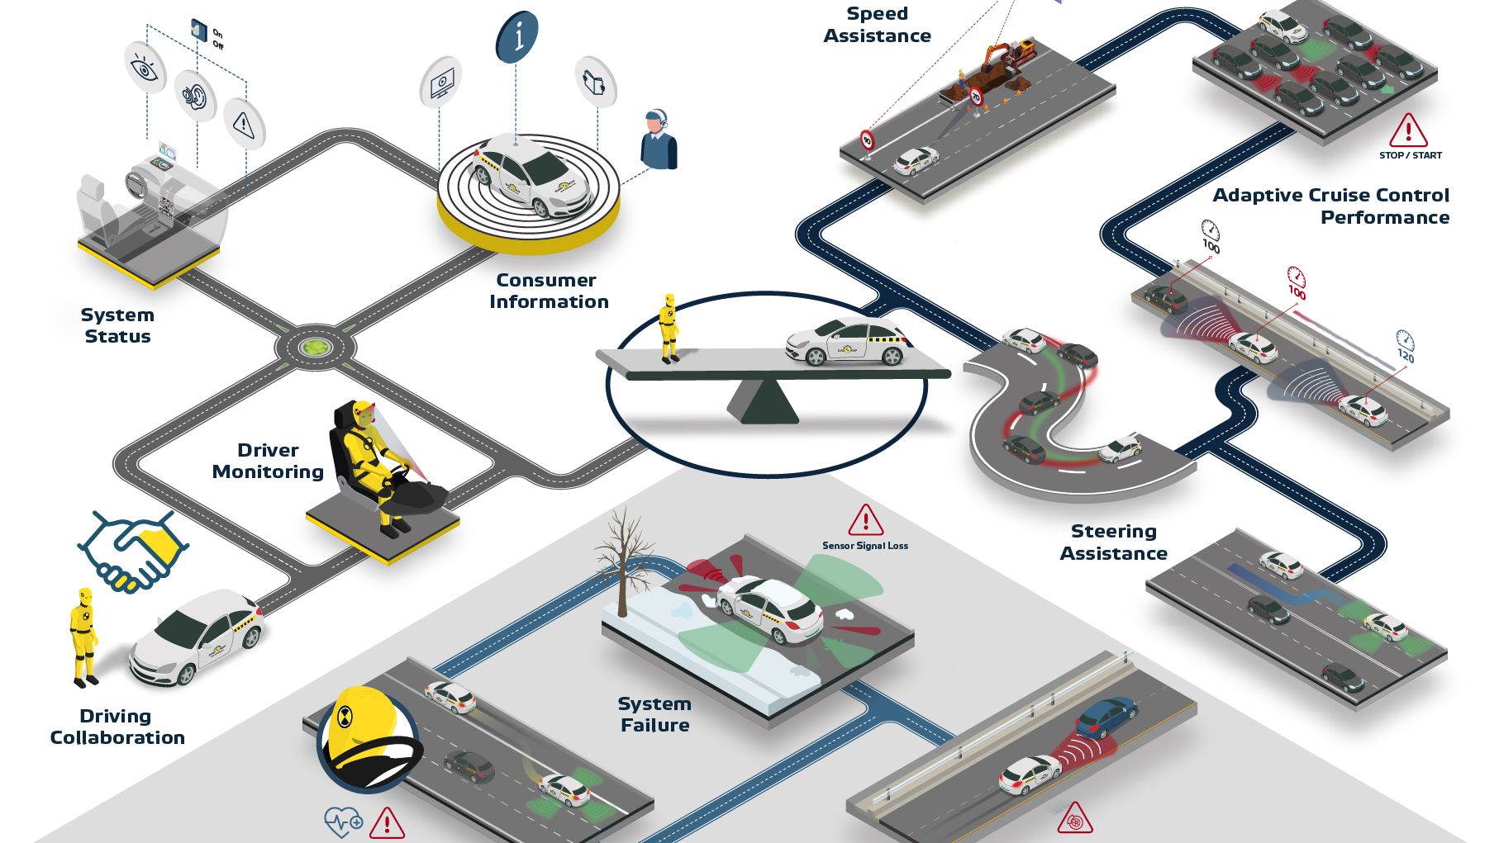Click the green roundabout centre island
(315, 348)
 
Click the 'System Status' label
(117, 325)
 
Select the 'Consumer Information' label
(548, 291)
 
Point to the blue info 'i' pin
(516, 36)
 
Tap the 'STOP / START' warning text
(1410, 155)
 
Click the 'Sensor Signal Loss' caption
(864, 546)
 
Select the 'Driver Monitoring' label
(268, 461)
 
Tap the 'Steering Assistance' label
(1113, 542)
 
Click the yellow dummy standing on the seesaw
(669, 329)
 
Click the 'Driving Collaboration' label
(117, 727)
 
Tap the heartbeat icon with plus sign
(343, 822)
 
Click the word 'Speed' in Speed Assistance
(877, 14)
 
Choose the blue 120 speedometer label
(1405, 346)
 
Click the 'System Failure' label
(654, 714)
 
